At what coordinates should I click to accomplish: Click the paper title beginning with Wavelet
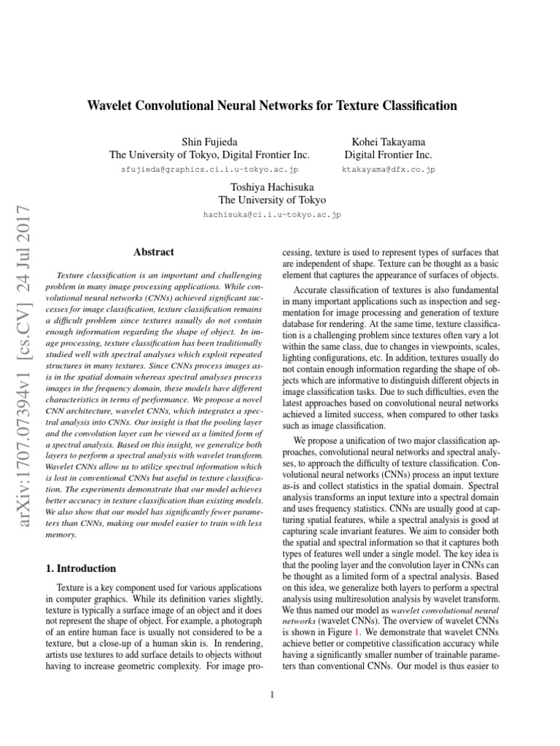[272, 106]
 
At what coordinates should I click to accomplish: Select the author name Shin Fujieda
[209, 141]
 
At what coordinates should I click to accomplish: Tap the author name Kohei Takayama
[388, 141]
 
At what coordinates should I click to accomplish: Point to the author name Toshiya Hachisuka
[272, 186]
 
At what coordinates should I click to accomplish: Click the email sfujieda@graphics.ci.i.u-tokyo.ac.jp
[209, 169]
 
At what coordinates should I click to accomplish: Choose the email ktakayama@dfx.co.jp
[388, 169]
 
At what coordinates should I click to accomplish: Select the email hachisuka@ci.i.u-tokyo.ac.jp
[272, 215]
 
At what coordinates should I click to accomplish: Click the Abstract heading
[154, 252]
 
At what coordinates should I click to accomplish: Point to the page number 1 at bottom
[271, 694]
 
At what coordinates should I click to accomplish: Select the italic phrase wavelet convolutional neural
[444, 609]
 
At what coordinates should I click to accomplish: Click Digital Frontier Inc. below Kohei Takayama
[388, 154]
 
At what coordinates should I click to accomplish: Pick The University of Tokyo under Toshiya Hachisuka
[272, 200]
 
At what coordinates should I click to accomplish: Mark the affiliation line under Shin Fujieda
[209, 154]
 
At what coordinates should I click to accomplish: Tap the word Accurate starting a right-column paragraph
[314, 289]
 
